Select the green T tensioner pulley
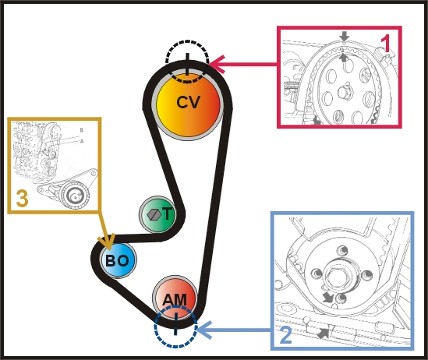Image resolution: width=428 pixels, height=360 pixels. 157,214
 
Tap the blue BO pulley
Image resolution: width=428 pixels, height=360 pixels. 118,260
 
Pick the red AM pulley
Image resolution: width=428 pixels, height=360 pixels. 175,298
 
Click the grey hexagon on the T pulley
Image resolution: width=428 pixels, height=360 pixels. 154,214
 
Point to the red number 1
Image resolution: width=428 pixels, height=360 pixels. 386,44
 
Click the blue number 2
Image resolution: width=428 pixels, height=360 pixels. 285,335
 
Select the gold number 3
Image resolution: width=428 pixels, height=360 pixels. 23,198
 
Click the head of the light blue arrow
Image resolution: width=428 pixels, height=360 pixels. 204,330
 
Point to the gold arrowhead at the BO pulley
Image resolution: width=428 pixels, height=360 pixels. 107,242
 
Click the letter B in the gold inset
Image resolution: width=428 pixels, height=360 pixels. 81,130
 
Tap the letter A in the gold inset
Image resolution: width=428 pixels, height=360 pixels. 82,141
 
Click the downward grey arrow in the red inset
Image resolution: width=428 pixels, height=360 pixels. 345,37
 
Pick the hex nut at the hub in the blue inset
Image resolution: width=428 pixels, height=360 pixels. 336,277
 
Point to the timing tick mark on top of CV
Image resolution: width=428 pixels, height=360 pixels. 187,64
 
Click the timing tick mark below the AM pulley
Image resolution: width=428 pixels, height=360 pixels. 175,324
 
